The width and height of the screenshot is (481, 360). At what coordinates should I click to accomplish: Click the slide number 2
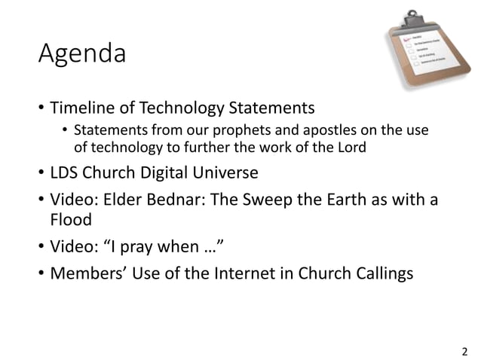464,349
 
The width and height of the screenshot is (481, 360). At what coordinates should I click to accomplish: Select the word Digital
155,173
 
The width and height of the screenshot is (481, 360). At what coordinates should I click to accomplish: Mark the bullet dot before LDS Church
40,174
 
